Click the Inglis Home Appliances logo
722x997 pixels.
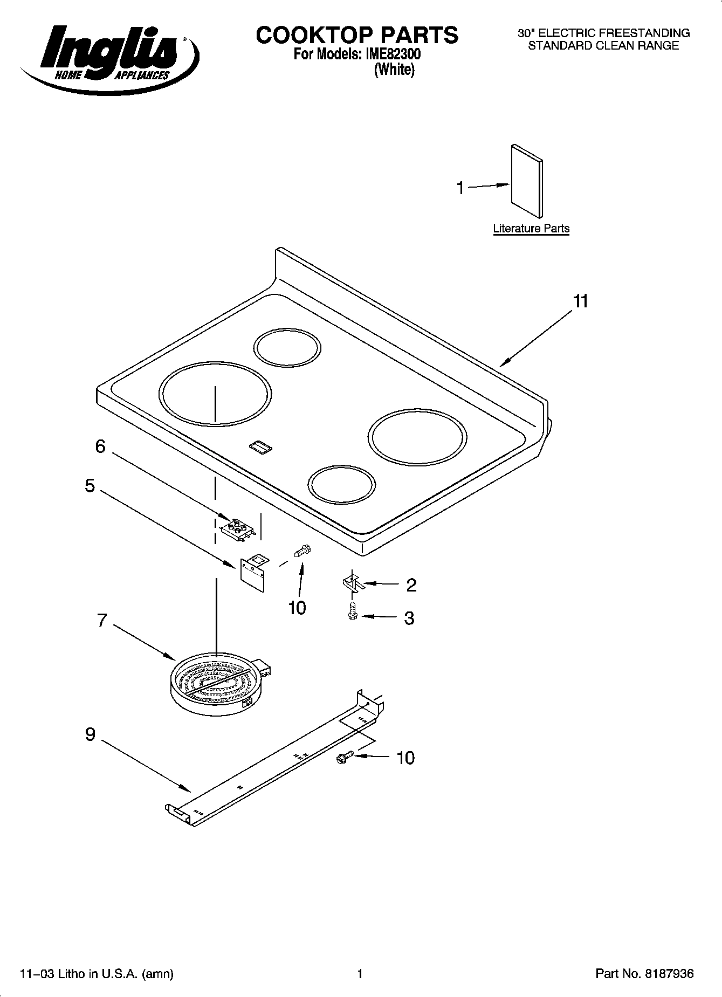click(108, 57)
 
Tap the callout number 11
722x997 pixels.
click(580, 301)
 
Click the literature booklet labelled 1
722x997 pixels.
click(527, 181)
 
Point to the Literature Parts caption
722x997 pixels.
click(531, 228)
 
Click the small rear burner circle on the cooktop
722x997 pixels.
click(287, 348)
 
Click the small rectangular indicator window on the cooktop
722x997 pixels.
click(262, 448)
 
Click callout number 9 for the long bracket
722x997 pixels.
click(90, 734)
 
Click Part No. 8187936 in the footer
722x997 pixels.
click(644, 974)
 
